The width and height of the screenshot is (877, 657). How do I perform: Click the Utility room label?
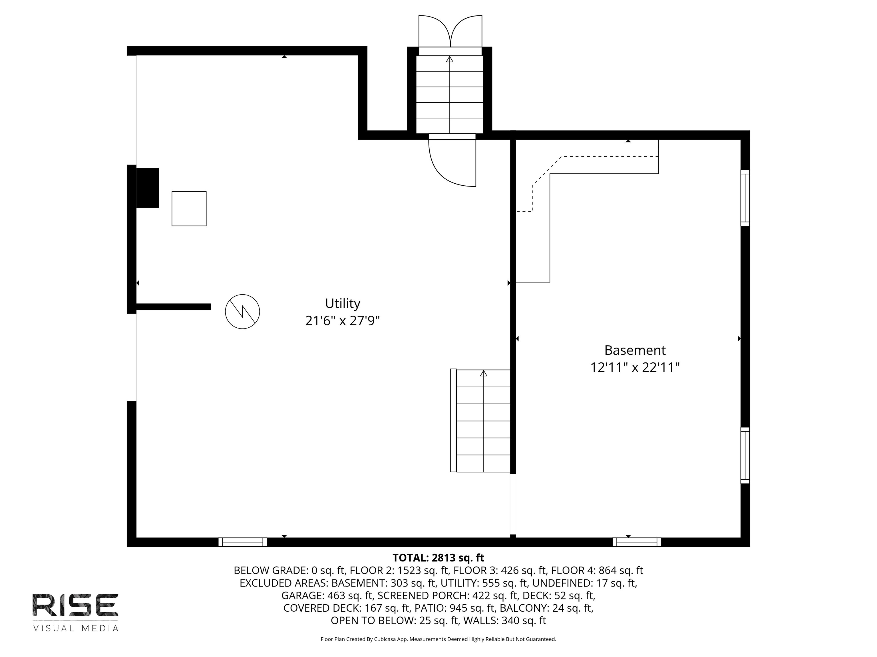click(x=343, y=303)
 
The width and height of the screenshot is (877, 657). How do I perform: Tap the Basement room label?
click(x=635, y=350)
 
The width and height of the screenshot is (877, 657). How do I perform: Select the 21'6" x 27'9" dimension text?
click(x=343, y=321)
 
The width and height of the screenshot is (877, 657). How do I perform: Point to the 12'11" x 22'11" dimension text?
click(x=635, y=368)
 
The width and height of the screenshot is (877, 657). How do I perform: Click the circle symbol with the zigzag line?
click(x=242, y=311)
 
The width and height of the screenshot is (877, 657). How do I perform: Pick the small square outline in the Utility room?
click(x=189, y=209)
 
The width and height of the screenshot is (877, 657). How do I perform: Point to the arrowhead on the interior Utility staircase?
click(x=483, y=373)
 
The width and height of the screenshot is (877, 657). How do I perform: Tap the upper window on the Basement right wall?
click(x=745, y=198)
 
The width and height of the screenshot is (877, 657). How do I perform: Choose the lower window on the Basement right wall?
click(x=745, y=455)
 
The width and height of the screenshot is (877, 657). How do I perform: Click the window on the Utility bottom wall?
click(x=243, y=542)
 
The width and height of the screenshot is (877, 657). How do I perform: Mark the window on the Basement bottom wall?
click(x=637, y=542)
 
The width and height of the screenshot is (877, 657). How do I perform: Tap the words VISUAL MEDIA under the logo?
click(x=75, y=628)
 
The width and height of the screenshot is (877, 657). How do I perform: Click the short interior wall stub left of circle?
click(x=173, y=307)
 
